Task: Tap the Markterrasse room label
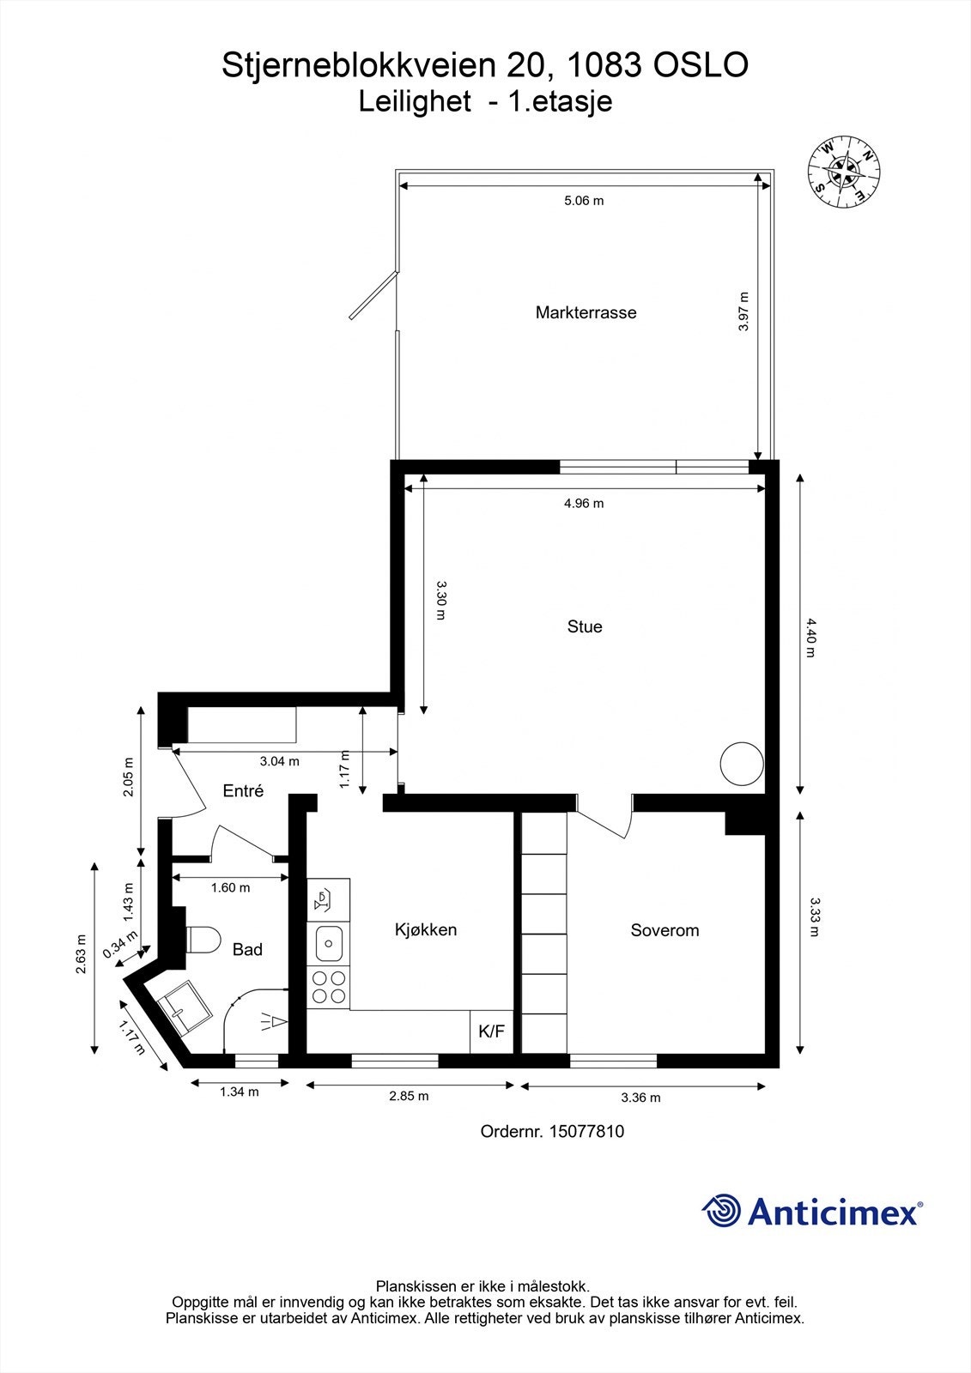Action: [586, 312]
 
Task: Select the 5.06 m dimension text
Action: [584, 201]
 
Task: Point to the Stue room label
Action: [585, 626]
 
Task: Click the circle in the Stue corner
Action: [741, 763]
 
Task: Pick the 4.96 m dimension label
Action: [584, 504]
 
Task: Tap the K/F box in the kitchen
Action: [491, 1031]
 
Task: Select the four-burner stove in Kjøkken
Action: [329, 987]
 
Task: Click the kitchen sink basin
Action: [329, 944]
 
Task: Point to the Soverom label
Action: [665, 930]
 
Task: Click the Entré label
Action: [243, 791]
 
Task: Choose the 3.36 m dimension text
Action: [640, 1098]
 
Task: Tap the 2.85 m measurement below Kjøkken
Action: [409, 1096]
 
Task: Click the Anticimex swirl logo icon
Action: [722, 1211]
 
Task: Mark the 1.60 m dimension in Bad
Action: [230, 888]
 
